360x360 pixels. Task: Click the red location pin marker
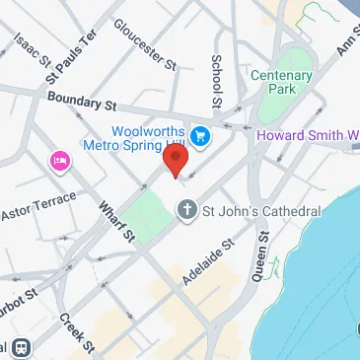point(177,160)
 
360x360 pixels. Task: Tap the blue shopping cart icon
point(201,134)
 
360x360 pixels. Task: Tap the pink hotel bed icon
point(58,159)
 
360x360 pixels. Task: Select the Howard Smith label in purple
point(307,135)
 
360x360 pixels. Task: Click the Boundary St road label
point(81,99)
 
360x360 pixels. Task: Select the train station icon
point(20,347)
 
